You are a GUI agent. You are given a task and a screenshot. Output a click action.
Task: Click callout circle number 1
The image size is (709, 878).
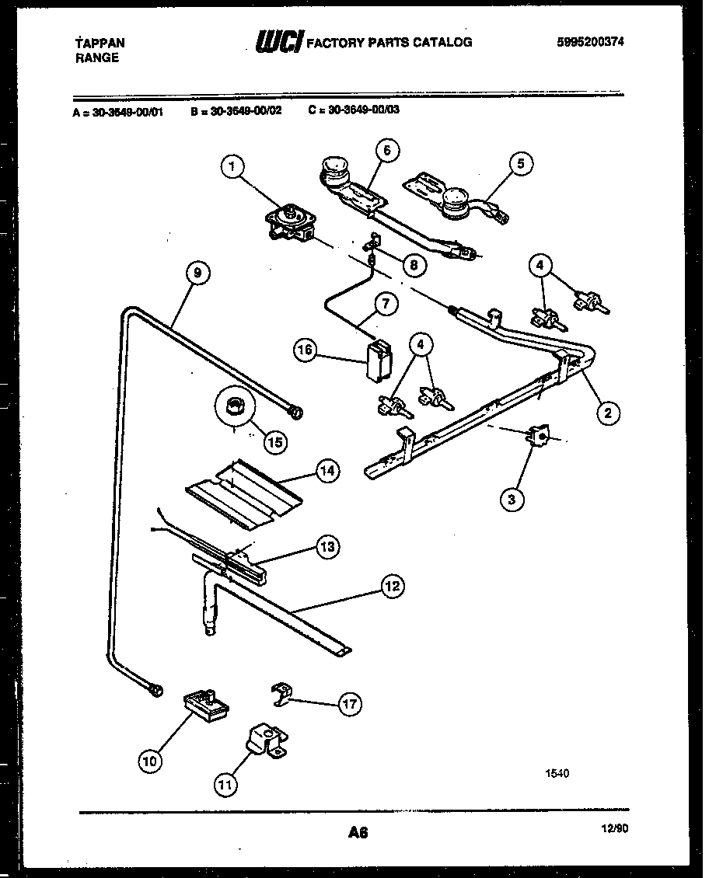point(232,165)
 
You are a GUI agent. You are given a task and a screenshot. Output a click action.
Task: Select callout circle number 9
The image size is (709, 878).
point(197,273)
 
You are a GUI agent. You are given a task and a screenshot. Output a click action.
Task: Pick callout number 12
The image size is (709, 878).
point(393,586)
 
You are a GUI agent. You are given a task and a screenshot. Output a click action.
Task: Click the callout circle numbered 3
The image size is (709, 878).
point(512,498)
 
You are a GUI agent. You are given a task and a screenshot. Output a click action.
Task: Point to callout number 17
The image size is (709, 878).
point(349,704)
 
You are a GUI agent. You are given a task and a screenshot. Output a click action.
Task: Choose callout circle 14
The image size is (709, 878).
point(327,471)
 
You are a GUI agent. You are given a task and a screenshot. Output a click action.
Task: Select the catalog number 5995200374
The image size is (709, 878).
point(590,43)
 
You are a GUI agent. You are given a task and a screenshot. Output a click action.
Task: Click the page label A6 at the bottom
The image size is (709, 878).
point(357,833)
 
